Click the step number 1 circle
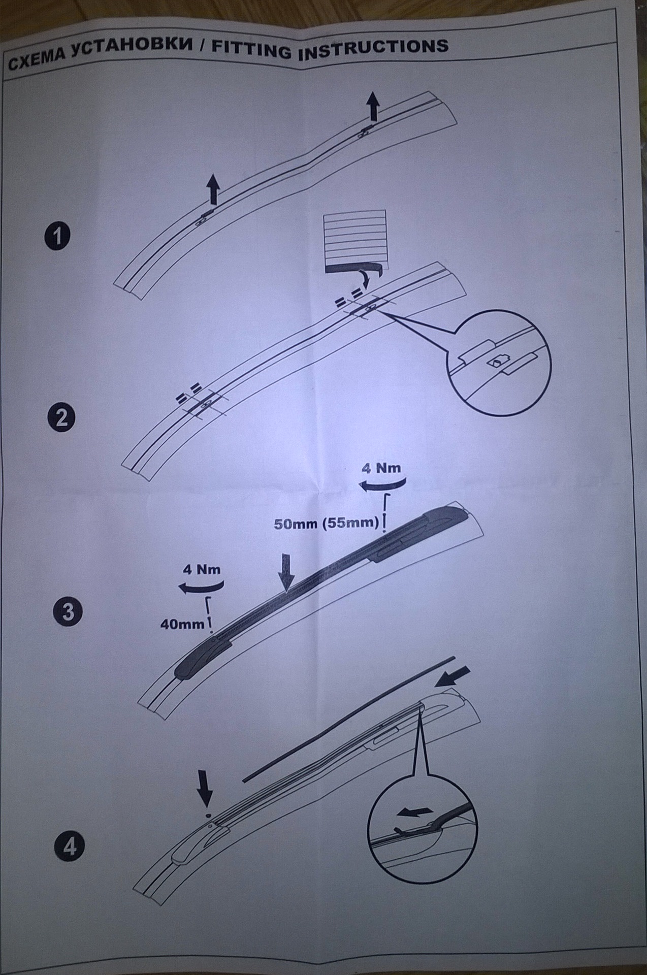(x=58, y=237)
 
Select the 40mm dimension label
(x=182, y=624)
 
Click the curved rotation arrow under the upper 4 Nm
(x=382, y=485)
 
